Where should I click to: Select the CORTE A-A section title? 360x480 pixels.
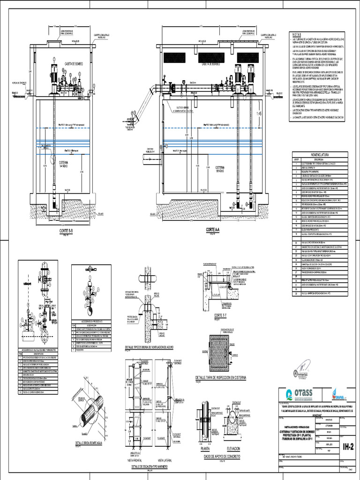click(216, 230)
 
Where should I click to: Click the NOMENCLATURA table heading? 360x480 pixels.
click(320, 154)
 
